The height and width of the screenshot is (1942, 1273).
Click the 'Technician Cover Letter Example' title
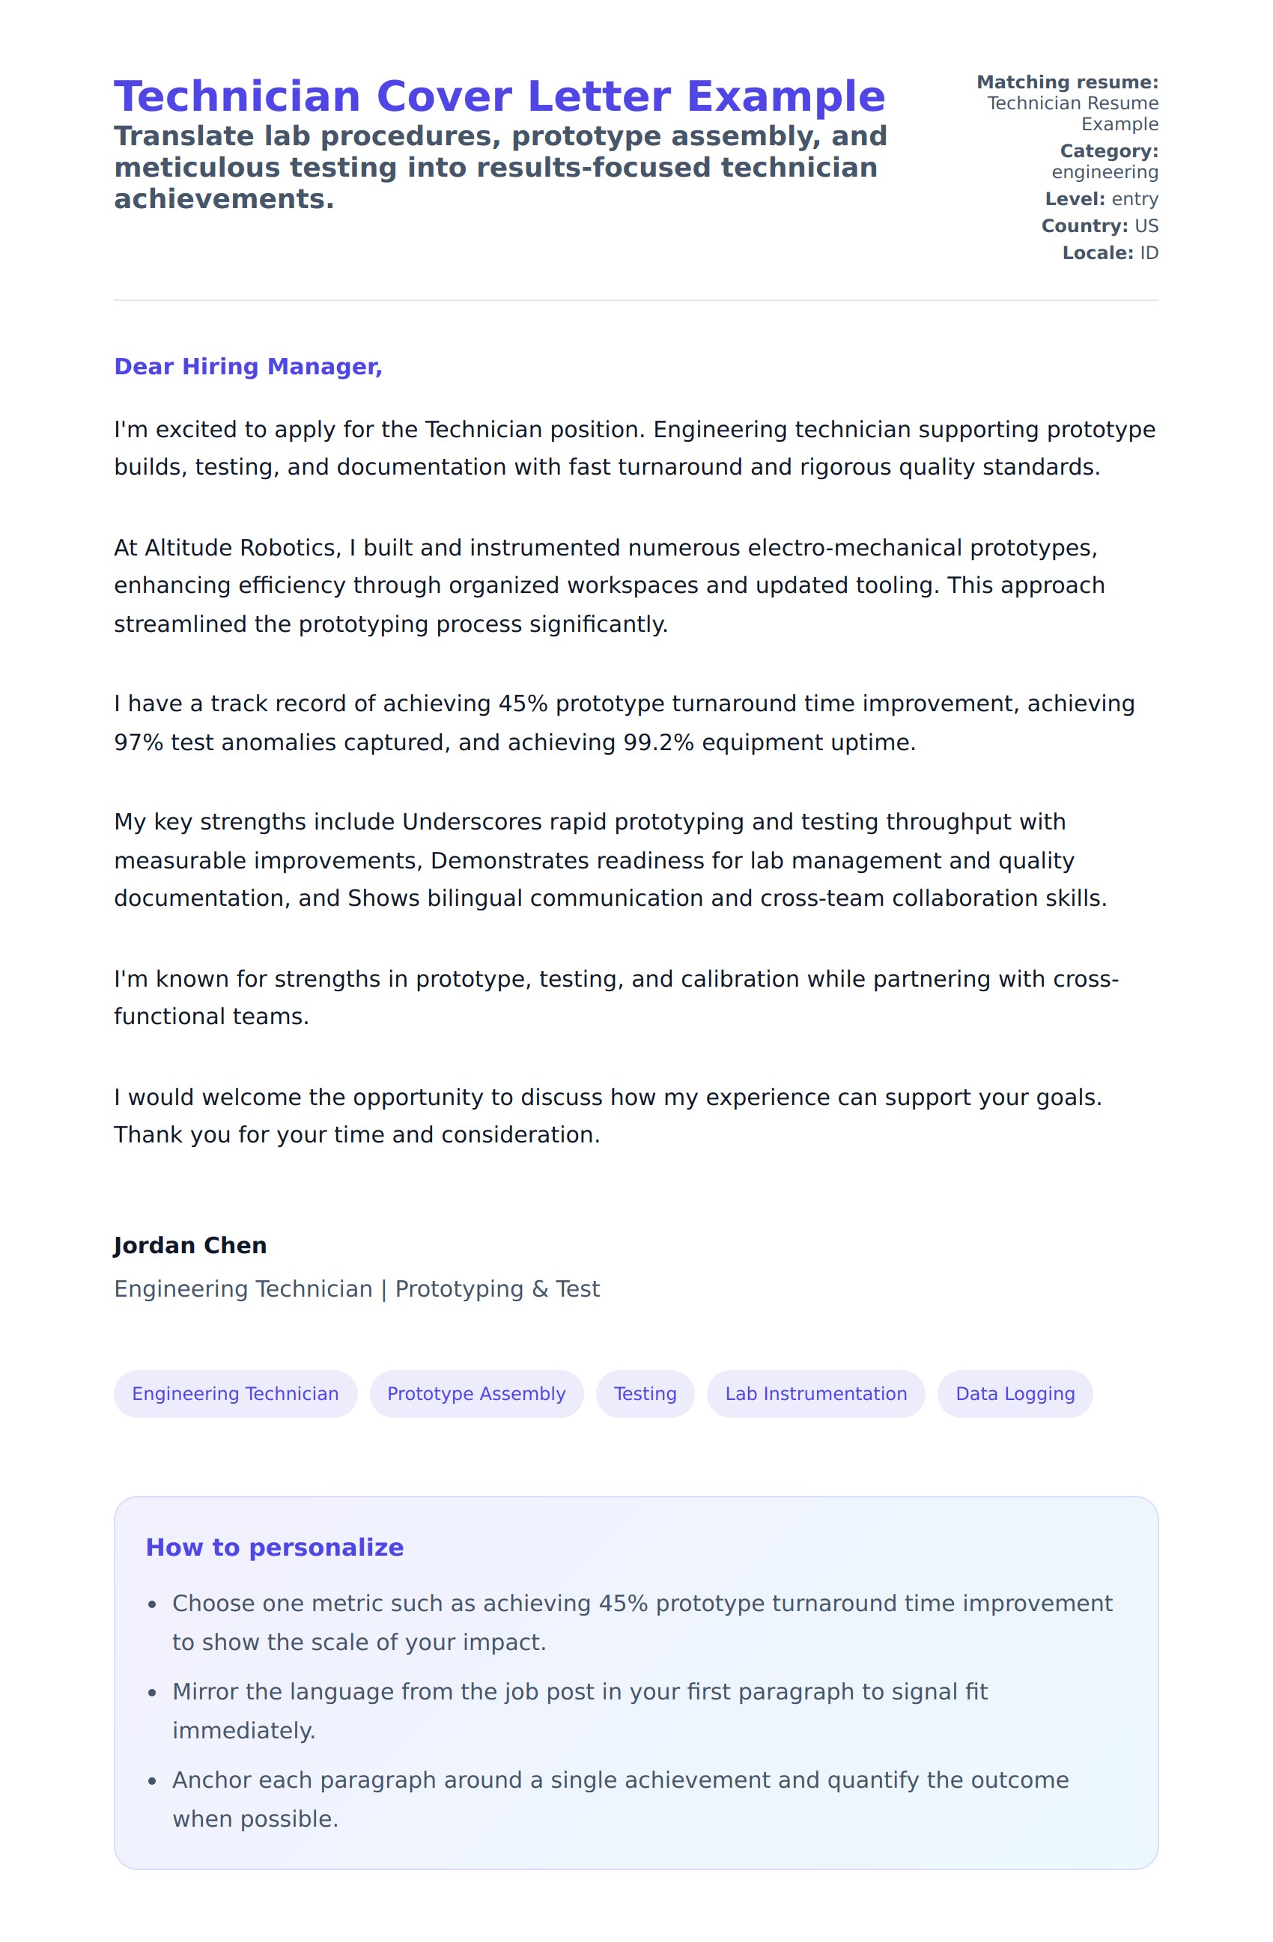coord(499,97)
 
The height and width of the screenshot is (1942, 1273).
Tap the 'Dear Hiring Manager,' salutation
coord(248,367)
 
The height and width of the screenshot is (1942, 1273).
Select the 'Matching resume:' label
coord(1067,82)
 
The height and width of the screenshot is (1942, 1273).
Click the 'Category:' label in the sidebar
coord(1109,151)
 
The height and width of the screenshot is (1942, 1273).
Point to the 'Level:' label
coord(1075,199)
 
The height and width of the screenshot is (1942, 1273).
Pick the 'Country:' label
coord(1084,226)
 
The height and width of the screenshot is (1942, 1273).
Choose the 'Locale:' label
coord(1098,253)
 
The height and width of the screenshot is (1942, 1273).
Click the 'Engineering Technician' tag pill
coord(235,1394)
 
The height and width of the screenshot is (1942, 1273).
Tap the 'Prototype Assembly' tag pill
coord(476,1394)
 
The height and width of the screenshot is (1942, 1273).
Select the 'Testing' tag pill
coord(645,1394)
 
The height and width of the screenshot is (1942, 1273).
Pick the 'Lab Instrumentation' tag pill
coord(816,1394)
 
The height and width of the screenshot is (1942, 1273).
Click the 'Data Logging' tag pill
coord(1015,1394)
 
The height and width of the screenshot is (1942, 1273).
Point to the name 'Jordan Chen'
coord(190,1246)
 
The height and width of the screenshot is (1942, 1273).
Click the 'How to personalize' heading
coord(274,1548)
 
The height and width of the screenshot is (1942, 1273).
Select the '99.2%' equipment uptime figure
coord(657,743)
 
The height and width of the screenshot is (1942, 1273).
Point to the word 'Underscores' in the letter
coord(472,822)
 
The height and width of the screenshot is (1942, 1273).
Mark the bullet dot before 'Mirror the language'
coord(152,1693)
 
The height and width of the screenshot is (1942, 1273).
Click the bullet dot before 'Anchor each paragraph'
coord(152,1781)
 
